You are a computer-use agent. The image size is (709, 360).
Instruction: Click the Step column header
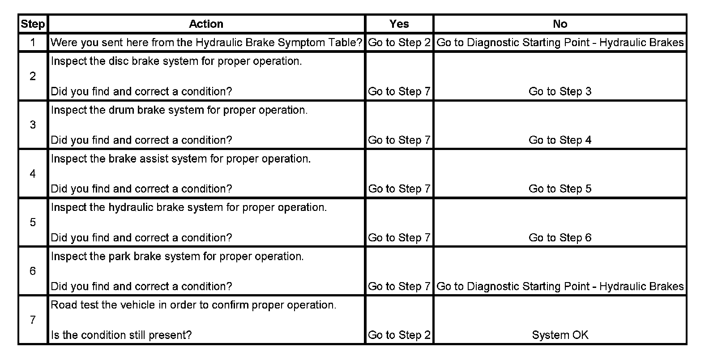33,24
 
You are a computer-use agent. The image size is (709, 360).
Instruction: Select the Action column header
206,24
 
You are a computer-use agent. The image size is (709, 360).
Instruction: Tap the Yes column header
399,24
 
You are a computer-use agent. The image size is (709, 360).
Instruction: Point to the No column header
560,24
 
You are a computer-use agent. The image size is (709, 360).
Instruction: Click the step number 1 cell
33,43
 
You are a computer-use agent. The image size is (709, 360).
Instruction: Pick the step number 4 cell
33,174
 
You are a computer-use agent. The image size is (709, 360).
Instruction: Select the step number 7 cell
33,320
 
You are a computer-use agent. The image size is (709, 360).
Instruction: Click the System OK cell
560,335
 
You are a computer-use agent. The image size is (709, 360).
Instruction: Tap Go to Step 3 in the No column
560,91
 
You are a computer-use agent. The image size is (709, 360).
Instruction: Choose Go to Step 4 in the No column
560,140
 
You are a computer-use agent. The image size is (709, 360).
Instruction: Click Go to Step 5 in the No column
560,189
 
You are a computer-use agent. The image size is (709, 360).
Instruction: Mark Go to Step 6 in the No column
560,238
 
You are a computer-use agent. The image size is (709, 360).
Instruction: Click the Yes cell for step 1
399,43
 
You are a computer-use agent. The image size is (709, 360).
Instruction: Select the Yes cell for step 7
399,335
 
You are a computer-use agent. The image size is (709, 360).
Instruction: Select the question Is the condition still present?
121,335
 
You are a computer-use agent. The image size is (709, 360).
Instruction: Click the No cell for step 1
560,43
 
